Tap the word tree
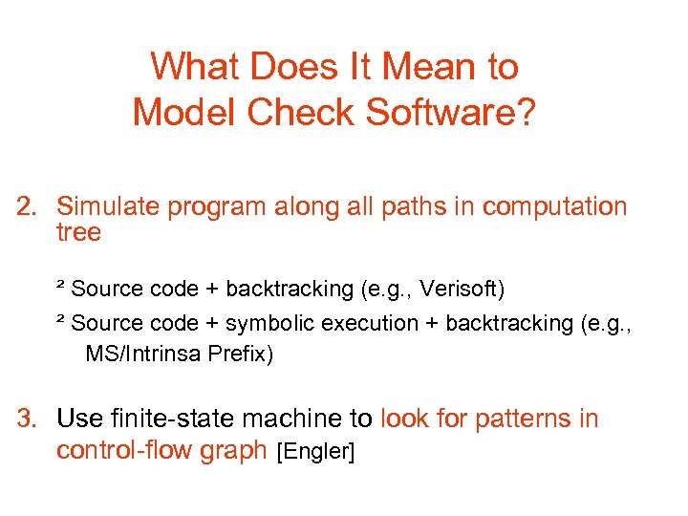tap(78, 232)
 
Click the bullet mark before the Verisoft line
tap(60, 285)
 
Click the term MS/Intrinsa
tap(142, 355)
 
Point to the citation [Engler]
tap(315, 451)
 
